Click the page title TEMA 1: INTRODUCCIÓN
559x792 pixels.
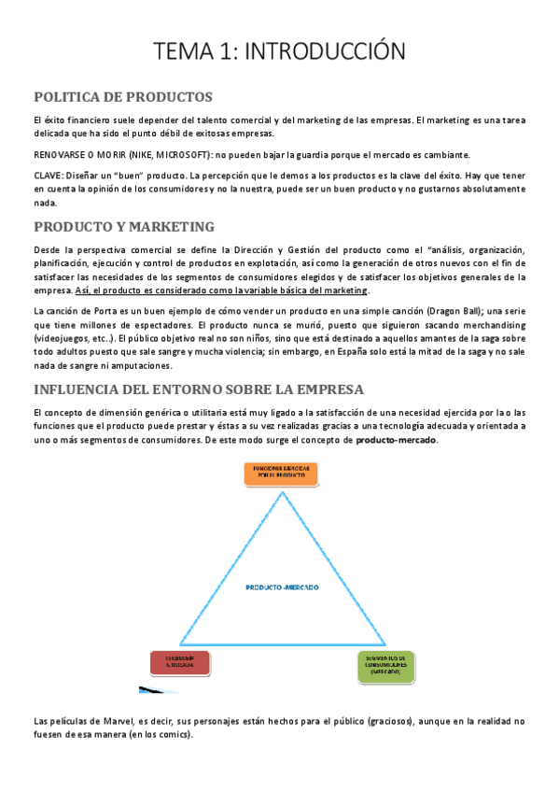(x=279, y=51)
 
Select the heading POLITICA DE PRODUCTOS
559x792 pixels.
(x=122, y=97)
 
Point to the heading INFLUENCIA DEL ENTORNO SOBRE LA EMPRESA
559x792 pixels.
(x=198, y=389)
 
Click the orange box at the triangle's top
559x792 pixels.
(x=280, y=473)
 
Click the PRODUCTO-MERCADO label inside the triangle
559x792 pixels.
(x=282, y=587)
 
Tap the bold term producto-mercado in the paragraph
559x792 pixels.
(x=396, y=440)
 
